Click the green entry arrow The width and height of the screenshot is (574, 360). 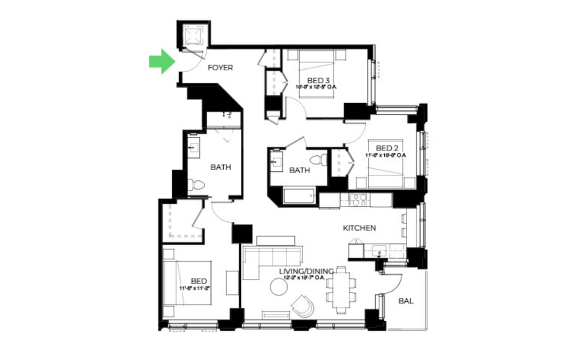pos(161,62)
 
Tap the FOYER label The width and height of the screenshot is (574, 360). pos(220,68)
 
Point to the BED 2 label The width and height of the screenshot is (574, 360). pos(387,148)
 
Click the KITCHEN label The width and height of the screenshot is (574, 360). pos(359,228)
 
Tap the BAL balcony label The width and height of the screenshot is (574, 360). pos(406,301)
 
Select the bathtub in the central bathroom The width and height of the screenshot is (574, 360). pos(299,197)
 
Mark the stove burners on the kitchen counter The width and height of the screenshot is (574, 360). pos(358,200)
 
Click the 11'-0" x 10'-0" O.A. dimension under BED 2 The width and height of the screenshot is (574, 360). pos(387,155)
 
